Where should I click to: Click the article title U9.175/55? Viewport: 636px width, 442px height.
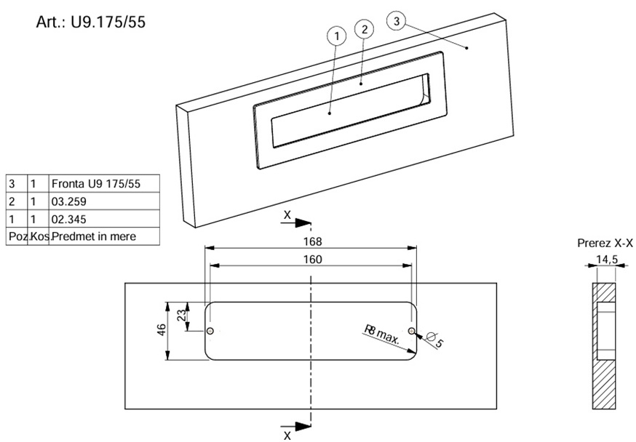[91, 22]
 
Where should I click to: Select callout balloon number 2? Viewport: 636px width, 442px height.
[364, 29]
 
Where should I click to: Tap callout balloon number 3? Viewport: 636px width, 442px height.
[396, 22]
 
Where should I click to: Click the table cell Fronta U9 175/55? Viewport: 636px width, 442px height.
[103, 183]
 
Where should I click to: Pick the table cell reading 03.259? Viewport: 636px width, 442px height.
[103, 201]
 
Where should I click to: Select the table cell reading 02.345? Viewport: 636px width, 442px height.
[103, 219]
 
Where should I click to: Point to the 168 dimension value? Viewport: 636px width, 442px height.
[313, 241]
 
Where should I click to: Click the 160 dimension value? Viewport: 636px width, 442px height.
[313, 259]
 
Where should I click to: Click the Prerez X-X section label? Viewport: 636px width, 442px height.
[605, 243]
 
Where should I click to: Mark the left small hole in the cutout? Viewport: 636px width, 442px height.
[210, 331]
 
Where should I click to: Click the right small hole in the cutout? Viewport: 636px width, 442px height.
[412, 331]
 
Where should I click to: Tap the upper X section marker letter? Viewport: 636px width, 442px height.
[287, 216]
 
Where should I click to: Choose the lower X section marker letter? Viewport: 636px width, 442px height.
[287, 435]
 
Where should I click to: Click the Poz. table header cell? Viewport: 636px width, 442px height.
[16, 236]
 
